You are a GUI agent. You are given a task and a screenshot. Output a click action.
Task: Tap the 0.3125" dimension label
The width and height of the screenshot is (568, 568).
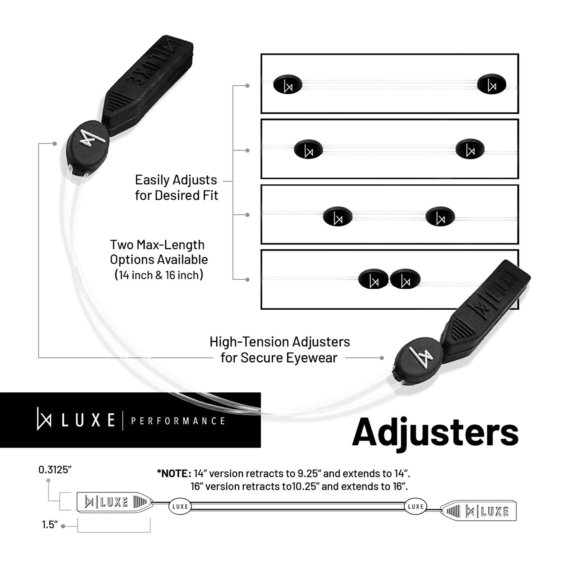[x=55, y=470]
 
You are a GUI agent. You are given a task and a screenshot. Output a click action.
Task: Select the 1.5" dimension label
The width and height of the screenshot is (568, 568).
[x=50, y=525]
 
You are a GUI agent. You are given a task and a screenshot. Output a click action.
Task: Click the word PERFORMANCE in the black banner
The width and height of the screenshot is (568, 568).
[x=178, y=421]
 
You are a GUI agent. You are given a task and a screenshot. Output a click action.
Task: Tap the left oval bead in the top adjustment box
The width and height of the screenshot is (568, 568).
[x=288, y=84]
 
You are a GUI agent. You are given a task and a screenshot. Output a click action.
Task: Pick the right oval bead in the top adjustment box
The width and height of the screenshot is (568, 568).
[x=492, y=84]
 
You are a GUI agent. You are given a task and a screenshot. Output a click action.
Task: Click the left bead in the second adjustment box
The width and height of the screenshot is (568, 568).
[x=308, y=149]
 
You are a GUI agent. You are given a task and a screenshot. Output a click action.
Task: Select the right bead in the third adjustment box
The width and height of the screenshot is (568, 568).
[x=440, y=216]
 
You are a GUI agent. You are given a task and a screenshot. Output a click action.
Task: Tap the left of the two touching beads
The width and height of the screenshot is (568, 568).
[x=373, y=279]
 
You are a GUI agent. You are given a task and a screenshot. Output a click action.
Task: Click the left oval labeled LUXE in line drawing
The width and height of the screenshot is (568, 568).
[x=180, y=506]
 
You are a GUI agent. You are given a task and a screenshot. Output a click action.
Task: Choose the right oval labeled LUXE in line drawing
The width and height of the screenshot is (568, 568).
[x=415, y=506]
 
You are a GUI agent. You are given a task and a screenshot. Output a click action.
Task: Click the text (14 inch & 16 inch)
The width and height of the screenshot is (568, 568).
[x=159, y=275]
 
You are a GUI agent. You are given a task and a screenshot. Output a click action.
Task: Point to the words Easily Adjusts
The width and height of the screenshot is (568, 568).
[x=176, y=180]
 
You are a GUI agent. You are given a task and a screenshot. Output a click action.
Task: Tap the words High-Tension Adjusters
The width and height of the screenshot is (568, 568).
[x=280, y=342]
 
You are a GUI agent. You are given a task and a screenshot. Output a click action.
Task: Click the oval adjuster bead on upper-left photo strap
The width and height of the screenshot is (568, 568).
[x=88, y=147]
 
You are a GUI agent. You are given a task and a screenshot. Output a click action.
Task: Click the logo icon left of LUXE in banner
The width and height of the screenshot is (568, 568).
[x=44, y=419]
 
